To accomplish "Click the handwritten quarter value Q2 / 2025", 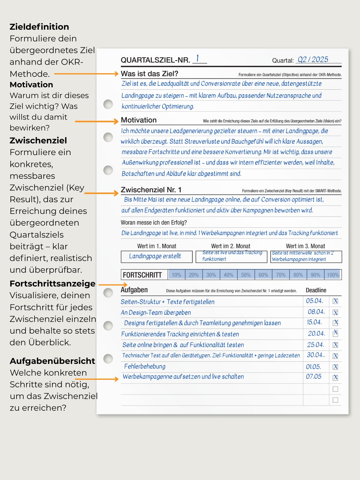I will [x=313, y=60].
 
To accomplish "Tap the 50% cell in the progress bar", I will [x=246, y=275].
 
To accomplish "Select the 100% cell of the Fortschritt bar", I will [x=333, y=275].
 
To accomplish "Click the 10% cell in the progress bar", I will [x=176, y=275].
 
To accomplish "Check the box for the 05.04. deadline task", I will [x=335, y=301].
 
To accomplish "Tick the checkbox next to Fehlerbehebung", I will [x=335, y=367].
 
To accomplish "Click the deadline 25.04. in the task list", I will [x=315, y=345].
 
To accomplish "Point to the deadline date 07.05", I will [x=313, y=376].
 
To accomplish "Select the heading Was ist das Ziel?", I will [x=149, y=74].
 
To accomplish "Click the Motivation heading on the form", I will [x=139, y=120].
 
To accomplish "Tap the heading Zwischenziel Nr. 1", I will [x=151, y=190].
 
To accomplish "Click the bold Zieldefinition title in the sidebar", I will [x=39, y=27].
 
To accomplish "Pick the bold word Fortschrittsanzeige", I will [x=52, y=283].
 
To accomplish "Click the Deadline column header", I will [x=316, y=290].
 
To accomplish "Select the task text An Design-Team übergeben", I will [x=156, y=313].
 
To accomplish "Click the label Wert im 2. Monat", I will [x=230, y=246].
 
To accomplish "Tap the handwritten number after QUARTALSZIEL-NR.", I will [x=197, y=58].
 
